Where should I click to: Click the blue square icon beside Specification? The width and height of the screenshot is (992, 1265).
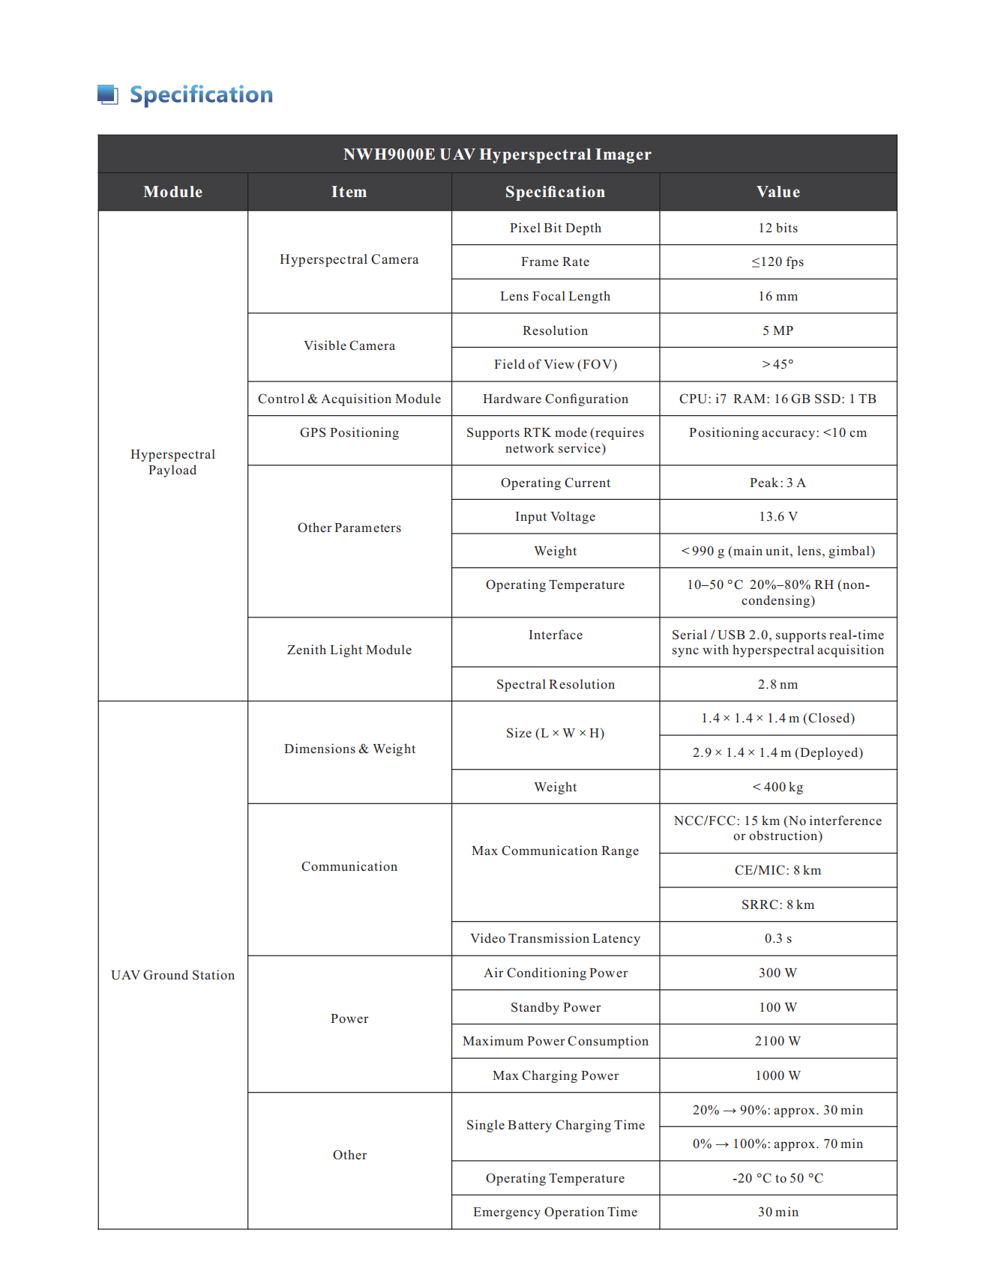pos(108,94)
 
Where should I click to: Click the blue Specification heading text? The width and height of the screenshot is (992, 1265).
pos(201,94)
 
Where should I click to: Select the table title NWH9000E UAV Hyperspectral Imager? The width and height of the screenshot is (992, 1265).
pos(497,154)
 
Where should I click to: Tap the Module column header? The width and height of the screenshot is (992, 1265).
pos(173,192)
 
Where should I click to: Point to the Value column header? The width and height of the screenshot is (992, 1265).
pos(778,192)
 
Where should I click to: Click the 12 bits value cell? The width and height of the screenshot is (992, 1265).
pos(778,228)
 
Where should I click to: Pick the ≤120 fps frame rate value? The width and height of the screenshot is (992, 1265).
pos(778,262)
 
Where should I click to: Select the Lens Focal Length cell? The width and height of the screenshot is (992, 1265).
pos(555,296)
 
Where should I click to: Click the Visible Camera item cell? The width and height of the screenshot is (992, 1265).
pos(349,345)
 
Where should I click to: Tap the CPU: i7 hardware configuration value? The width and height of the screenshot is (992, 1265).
pos(778,399)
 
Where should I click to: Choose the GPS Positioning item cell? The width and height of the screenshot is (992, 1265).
pos(349,432)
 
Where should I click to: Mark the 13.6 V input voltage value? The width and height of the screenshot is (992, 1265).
pos(778,516)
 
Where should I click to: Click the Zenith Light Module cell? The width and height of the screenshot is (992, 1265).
pos(349,650)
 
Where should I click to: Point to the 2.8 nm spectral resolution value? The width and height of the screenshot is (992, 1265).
pos(778,684)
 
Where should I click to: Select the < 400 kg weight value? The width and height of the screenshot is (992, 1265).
pos(778,787)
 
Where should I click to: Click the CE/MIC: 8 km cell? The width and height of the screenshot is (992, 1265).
pos(778,870)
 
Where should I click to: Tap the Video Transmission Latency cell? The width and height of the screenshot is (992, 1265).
pos(555,938)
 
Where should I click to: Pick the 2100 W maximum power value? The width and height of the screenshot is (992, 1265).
pos(778,1041)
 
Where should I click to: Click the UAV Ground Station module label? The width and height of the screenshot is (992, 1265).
pos(173,975)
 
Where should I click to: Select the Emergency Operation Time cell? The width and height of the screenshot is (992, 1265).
pos(555,1212)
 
